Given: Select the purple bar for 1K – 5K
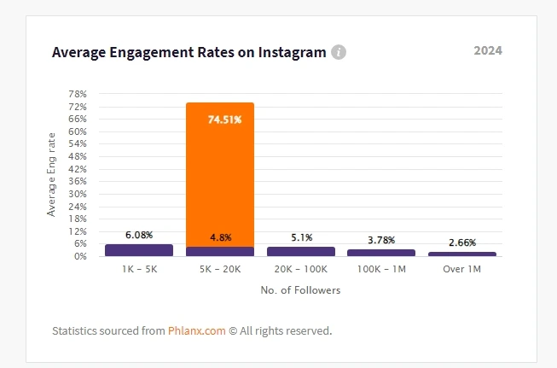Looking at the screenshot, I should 139,250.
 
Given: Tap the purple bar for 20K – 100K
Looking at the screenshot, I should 300,251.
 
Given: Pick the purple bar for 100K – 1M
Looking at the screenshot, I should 381,253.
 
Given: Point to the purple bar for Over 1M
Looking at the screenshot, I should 461,254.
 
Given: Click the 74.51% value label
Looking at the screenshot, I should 224,120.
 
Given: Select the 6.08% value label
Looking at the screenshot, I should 139,234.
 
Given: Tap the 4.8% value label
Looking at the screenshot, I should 220,237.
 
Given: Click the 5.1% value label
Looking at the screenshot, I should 301,237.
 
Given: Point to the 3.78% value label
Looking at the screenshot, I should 381,240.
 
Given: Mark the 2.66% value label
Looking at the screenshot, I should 461,242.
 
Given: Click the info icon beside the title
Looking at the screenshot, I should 339,52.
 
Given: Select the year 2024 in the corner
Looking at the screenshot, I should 488,50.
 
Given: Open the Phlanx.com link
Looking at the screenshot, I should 195,330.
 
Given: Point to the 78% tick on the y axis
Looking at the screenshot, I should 77,94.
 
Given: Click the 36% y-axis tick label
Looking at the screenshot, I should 77,181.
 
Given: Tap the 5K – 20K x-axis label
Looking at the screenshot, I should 220,269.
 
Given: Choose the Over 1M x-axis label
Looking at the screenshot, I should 461,269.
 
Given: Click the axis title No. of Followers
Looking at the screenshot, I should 300,290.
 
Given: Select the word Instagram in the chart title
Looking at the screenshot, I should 285,52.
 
